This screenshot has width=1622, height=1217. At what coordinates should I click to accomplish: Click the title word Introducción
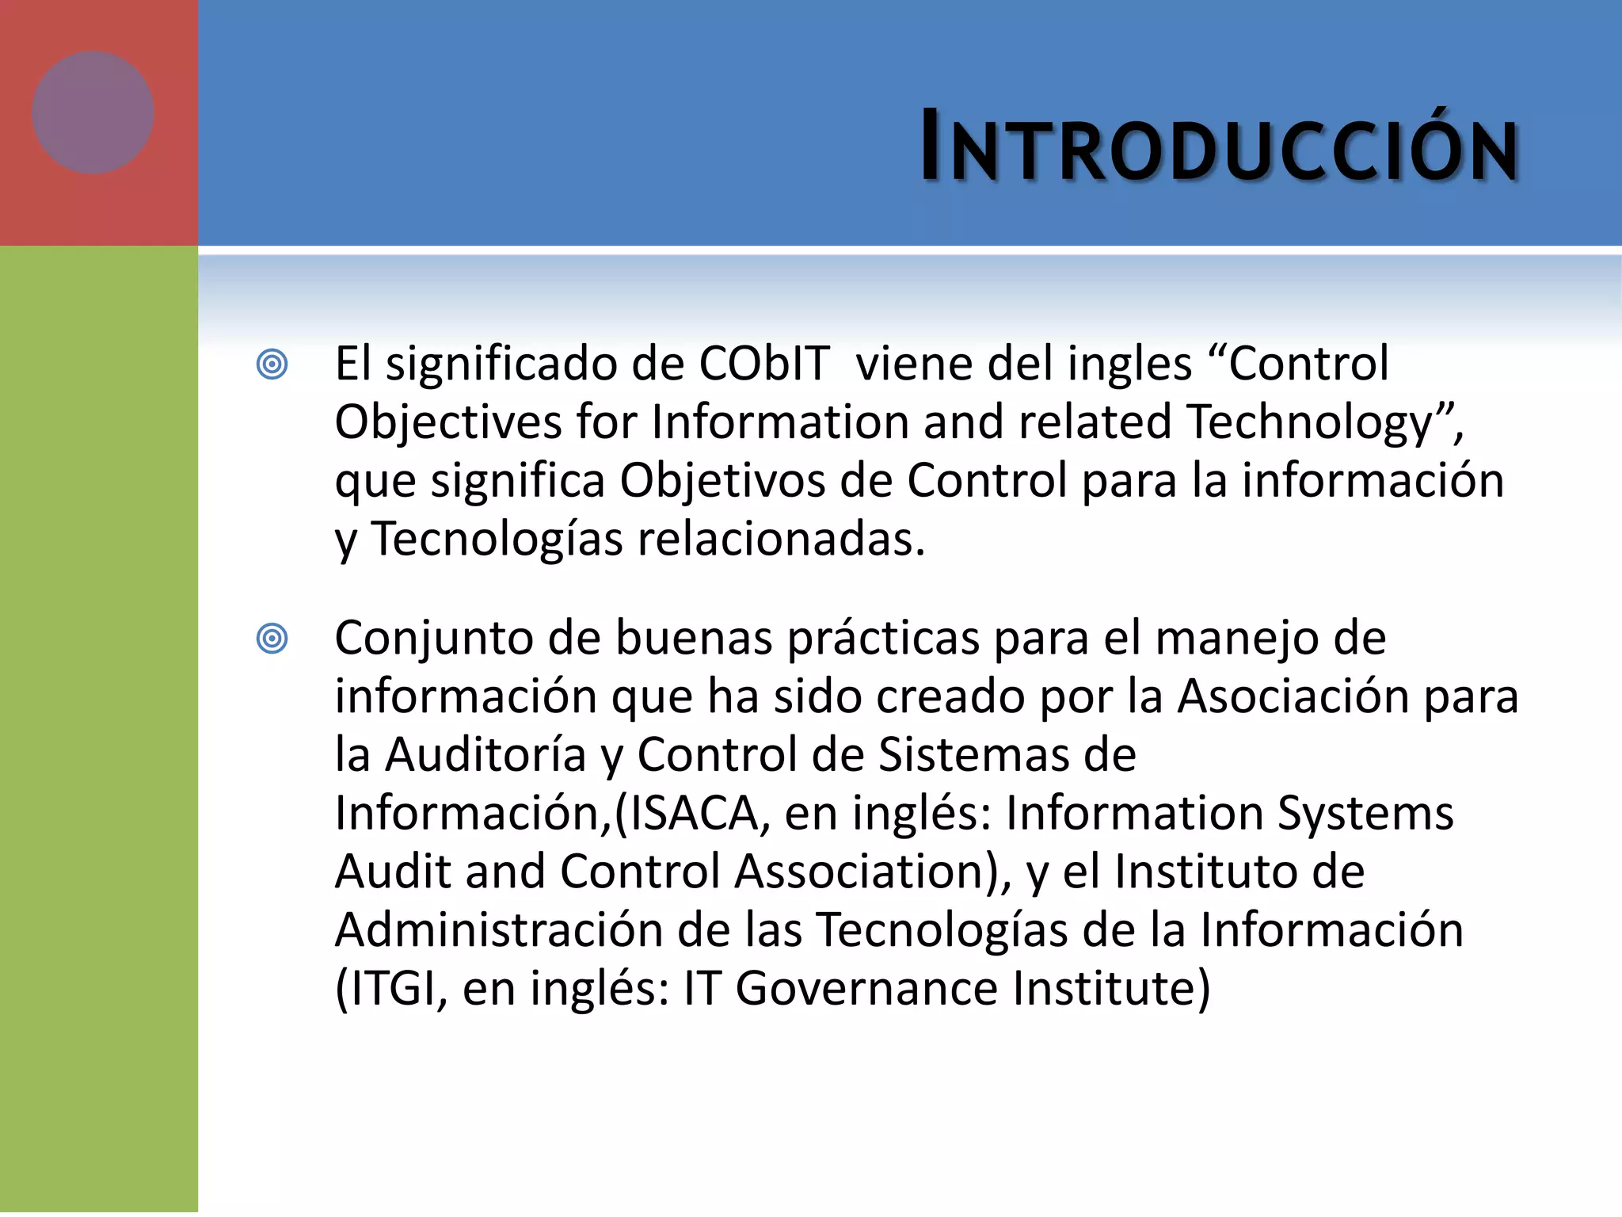[x=1219, y=147]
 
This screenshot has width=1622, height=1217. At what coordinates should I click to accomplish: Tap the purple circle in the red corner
[x=93, y=113]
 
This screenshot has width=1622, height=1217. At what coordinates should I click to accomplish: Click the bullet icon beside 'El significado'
[x=272, y=364]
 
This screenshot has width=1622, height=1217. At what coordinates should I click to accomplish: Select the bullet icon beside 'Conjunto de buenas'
[x=272, y=639]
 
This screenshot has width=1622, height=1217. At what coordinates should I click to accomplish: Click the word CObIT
[x=763, y=364]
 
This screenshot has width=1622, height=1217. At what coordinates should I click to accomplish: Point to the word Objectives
[x=448, y=422]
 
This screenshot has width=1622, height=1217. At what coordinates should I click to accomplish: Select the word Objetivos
[x=722, y=481]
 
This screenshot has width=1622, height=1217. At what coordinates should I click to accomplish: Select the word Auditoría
[x=485, y=755]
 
